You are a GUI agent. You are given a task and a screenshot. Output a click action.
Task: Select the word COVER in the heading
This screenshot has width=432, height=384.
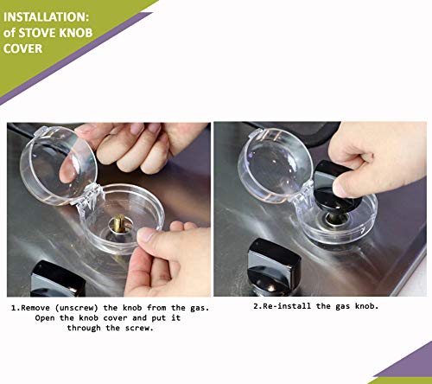coord(22,48)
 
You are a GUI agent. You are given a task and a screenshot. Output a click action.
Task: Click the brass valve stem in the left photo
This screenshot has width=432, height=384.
coord(118,223)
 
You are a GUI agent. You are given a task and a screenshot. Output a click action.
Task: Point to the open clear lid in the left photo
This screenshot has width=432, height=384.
coord(58,165)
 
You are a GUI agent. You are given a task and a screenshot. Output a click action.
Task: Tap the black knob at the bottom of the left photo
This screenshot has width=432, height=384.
coord(58,278)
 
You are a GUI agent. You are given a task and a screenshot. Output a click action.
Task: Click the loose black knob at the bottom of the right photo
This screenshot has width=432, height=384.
coord(274,266)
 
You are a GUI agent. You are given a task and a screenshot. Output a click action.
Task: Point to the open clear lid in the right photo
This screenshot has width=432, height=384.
coord(275,165)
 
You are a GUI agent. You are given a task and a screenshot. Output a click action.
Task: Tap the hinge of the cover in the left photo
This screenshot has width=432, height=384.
coord(89,196)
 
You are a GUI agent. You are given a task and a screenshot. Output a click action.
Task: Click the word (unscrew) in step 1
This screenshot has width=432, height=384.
coord(76,308)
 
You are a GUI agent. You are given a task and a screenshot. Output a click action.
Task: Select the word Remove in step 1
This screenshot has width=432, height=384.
coord(35,308)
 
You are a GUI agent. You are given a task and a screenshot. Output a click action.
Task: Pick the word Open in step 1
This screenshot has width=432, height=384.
coord(45,318)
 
